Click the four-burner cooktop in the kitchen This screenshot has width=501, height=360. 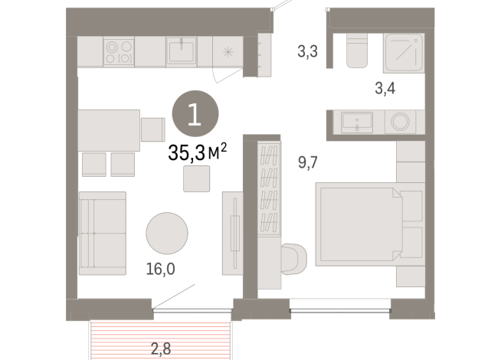(120, 51)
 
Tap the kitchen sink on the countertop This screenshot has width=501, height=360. (181, 51)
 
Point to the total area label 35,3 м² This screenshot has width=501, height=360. (197, 153)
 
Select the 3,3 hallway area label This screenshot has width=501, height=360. (308, 53)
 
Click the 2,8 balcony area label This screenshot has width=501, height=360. (161, 349)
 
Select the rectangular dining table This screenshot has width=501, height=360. (109, 129)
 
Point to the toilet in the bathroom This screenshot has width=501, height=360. (356, 51)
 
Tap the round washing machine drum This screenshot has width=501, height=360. (400, 122)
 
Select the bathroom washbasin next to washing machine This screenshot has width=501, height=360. (357, 122)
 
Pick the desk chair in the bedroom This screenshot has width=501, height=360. (294, 257)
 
